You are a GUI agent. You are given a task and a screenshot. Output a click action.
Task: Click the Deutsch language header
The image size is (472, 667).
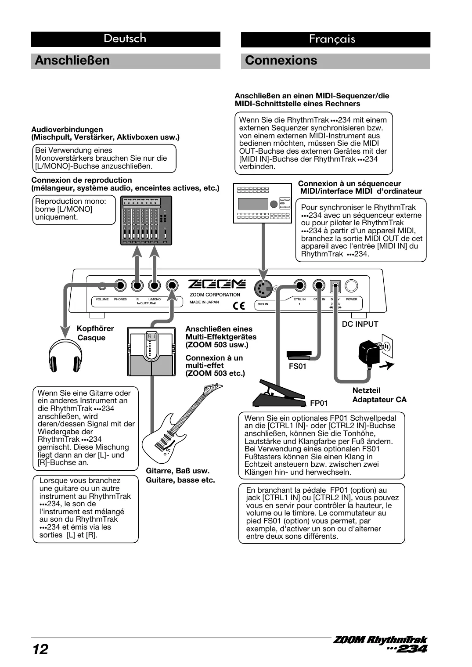click(125, 39)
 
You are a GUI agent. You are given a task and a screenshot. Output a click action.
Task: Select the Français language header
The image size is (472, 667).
click(332, 39)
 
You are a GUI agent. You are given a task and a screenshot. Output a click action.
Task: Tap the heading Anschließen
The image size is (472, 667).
click(72, 61)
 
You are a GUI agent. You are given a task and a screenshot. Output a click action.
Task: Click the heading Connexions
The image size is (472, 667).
click(281, 61)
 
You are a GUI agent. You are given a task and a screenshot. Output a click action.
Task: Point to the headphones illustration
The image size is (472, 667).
click(65, 356)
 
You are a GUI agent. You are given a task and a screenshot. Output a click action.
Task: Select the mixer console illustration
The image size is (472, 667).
click(146, 220)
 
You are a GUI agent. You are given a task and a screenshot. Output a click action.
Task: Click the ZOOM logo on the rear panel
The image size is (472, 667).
click(217, 285)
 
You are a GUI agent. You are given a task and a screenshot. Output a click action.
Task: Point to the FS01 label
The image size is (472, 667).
click(297, 366)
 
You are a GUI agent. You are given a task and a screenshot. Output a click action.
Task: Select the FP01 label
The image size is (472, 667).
click(319, 403)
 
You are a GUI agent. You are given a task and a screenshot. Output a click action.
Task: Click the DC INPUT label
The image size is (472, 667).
click(360, 324)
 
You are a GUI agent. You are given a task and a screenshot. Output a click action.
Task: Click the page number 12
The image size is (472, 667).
click(40, 649)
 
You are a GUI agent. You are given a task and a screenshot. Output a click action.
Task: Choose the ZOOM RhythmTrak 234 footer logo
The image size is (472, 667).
click(380, 644)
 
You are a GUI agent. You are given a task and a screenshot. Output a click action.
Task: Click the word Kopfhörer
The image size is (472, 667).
click(95, 328)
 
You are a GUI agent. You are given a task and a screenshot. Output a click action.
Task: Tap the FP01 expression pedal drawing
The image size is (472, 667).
click(278, 394)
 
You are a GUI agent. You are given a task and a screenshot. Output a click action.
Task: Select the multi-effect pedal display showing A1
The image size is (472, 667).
click(151, 337)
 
